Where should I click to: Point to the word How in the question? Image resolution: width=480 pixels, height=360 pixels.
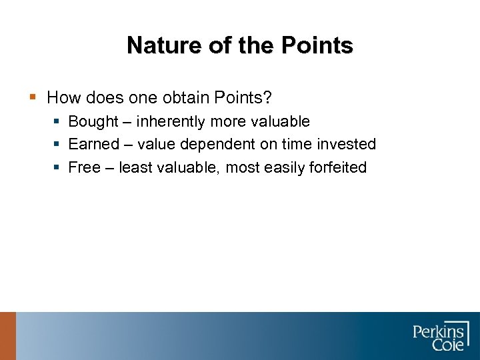(62, 98)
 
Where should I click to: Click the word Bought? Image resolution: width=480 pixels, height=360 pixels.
(93, 121)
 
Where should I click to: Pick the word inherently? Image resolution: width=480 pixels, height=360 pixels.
(171, 121)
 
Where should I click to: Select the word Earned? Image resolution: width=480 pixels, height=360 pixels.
(93, 144)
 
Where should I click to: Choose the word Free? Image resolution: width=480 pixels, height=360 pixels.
(84, 167)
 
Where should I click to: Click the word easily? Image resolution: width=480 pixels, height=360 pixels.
(285, 167)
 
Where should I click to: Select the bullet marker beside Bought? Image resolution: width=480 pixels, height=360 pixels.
(57, 122)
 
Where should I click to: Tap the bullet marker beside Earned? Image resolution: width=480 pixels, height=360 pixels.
(57, 145)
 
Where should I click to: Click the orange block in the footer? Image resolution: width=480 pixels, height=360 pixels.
(7, 336)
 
